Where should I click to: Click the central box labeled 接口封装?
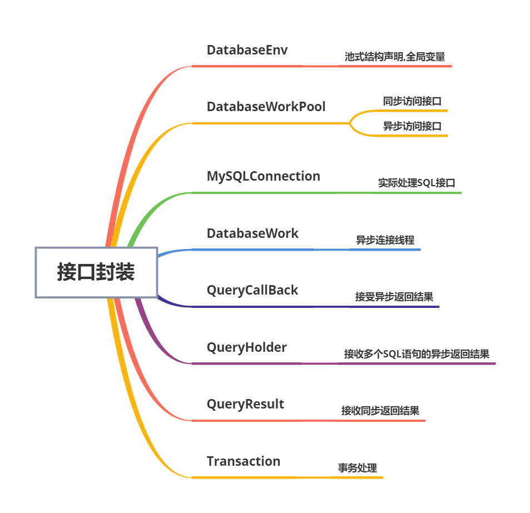click(x=96, y=272)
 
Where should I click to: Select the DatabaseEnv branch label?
click(x=247, y=50)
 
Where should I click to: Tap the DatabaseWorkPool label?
click(x=266, y=106)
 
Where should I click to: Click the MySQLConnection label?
click(x=264, y=176)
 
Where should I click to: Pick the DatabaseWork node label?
click(x=252, y=233)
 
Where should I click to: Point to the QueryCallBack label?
click(x=252, y=290)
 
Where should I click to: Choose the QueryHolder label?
click(x=247, y=347)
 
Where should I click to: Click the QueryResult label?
click(x=245, y=404)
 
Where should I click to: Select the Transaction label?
click(x=244, y=461)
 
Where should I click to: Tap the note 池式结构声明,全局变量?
click(x=394, y=57)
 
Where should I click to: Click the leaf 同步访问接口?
click(x=412, y=102)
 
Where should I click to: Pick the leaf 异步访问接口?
click(x=412, y=126)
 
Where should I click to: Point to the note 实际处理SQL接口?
click(x=417, y=183)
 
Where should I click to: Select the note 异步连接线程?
click(x=385, y=241)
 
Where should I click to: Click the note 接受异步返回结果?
click(x=394, y=297)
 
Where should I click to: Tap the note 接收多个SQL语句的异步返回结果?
click(x=416, y=354)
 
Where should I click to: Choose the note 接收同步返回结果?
click(x=380, y=411)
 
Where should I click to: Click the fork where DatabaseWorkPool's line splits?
click(x=350, y=123)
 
